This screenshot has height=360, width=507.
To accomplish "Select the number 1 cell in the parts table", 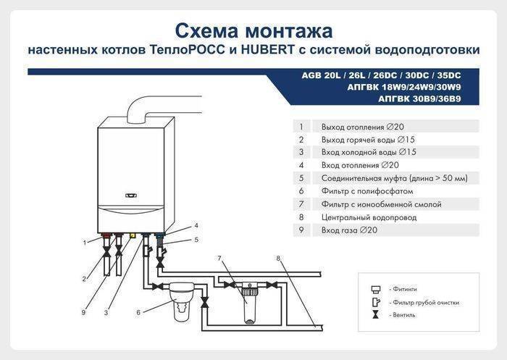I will point(300,126).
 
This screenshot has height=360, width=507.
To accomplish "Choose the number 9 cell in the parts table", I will point(300,230).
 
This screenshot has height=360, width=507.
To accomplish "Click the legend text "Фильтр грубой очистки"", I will point(424,302).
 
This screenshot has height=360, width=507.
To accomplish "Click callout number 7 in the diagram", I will point(219,258).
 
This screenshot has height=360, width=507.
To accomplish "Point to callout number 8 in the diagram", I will point(278,258).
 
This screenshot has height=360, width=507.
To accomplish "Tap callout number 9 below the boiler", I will point(84,312).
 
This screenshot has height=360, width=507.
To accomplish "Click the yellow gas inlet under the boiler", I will point(133,236).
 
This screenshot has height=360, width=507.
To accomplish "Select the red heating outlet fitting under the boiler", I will point(106,236).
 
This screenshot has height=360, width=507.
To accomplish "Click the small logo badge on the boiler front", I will point(130,195).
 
